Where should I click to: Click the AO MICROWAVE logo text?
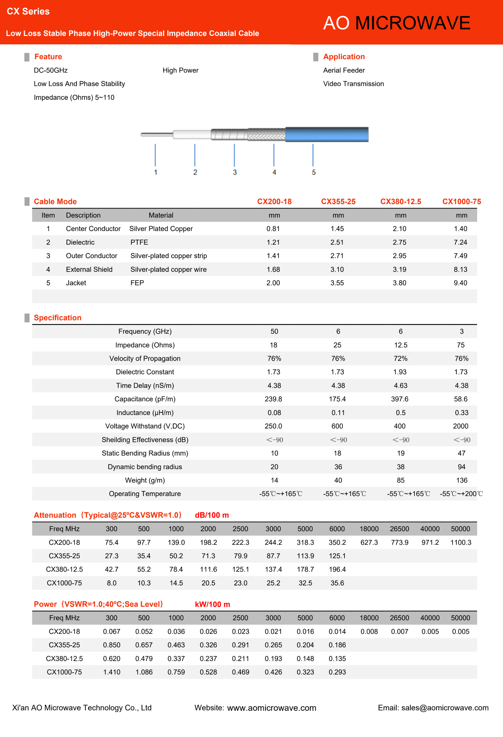(396, 23)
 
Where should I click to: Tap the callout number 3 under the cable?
(235, 172)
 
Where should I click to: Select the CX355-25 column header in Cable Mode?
(338, 202)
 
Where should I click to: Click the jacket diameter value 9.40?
(460, 283)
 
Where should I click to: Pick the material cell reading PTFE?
(139, 242)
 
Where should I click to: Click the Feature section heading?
(48, 57)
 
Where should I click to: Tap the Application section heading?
(344, 57)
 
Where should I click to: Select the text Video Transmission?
(353, 84)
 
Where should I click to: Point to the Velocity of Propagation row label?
(145, 359)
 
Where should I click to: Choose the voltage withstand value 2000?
(460, 426)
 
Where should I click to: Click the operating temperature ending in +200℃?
(461, 494)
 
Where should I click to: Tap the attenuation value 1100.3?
(461, 543)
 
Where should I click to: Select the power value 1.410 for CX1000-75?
(111, 672)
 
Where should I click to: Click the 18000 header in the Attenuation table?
(369, 529)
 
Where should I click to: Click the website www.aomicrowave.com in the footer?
(272, 708)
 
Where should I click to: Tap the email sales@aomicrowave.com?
(445, 708)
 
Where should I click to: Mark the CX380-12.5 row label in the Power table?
(64, 659)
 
